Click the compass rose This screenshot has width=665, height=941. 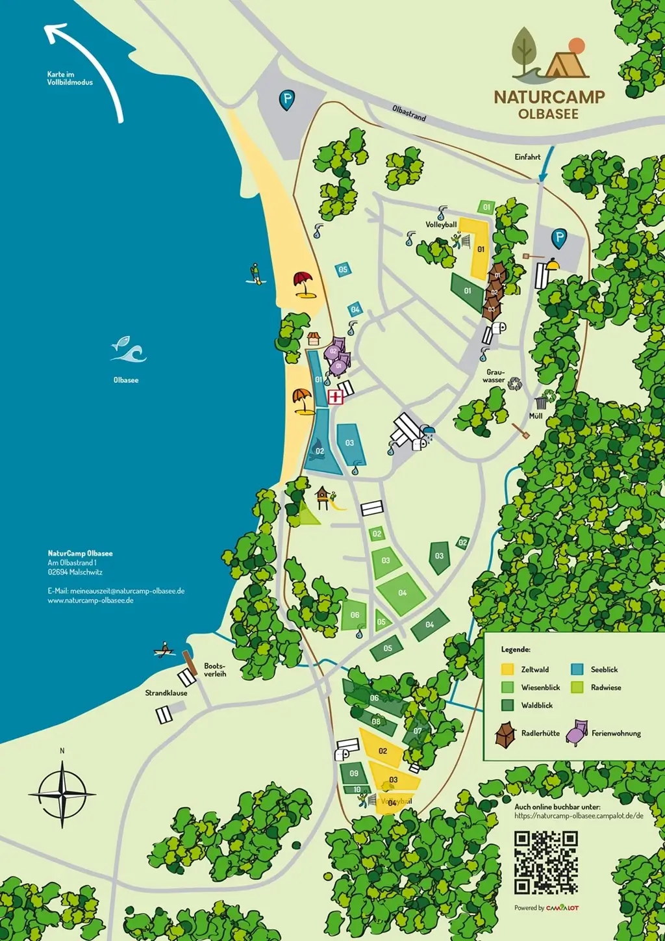tap(62, 794)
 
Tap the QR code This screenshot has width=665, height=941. tap(546, 862)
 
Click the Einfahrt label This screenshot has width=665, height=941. tap(527, 157)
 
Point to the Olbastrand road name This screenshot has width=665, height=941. tap(409, 112)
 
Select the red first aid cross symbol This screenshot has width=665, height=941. tap(335, 397)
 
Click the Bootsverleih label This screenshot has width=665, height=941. tap(215, 670)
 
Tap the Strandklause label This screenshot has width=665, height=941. tap(166, 693)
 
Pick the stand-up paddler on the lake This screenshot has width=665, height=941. tap(255, 274)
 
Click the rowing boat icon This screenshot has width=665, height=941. tap(165, 649)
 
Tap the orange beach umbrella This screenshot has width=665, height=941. tap(302, 400)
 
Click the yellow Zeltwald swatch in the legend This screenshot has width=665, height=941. tap(508, 669)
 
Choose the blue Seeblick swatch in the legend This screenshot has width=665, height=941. tap(577, 669)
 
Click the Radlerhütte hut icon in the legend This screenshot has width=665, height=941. tap(506, 734)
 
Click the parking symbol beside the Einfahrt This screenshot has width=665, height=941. tap(559, 238)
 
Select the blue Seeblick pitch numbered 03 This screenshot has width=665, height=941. tap(349, 444)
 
